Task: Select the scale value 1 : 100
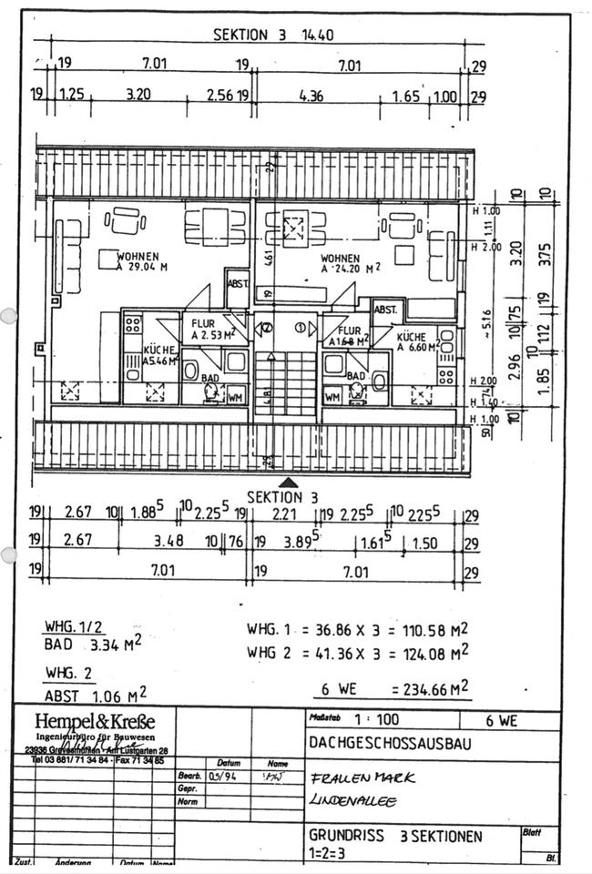pyautogui.click(x=375, y=719)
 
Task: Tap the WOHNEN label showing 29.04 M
pyautogui.click(x=138, y=262)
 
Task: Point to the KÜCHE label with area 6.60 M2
pyautogui.click(x=418, y=341)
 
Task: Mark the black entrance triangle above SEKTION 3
pyautogui.click(x=288, y=483)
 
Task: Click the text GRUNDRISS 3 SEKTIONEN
pyautogui.click(x=396, y=836)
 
